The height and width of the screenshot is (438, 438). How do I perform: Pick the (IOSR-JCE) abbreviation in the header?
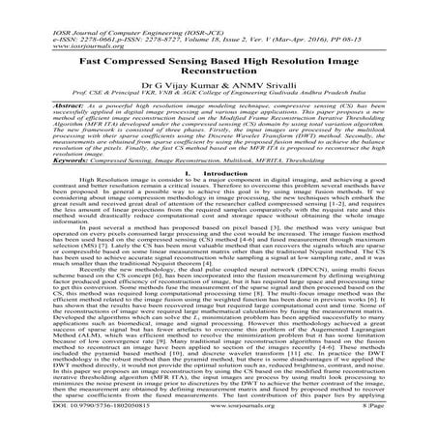coord(200,8)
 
